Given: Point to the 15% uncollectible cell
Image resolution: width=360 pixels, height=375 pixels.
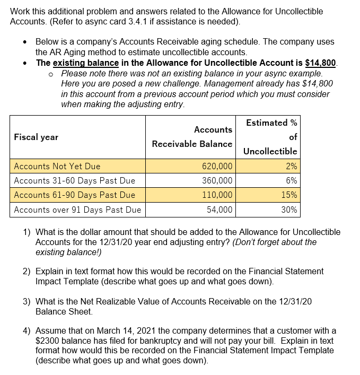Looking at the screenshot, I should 289,195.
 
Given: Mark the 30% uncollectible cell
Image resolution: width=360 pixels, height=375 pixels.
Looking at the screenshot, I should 289,210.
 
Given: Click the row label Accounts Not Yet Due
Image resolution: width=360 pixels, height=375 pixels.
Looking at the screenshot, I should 57,166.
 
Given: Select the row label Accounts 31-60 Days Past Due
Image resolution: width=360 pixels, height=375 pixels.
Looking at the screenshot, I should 74,180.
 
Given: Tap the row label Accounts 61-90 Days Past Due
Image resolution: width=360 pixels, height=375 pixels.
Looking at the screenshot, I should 74,195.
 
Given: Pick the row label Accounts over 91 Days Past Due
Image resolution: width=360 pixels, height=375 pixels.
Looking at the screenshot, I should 77,210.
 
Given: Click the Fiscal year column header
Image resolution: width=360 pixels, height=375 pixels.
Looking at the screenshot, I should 36,137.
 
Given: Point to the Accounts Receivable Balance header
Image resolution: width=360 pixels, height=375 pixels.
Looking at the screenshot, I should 192,137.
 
